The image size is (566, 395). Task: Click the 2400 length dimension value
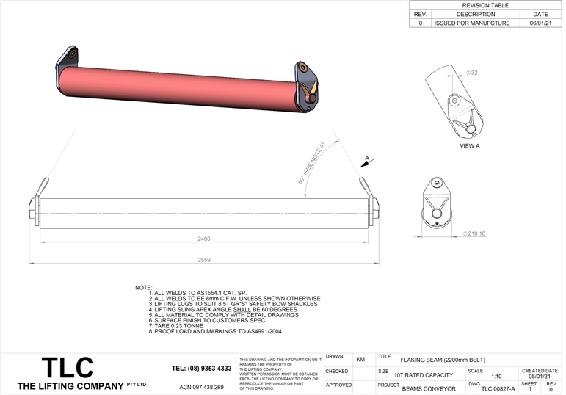(x=203, y=239)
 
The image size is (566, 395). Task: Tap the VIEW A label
(x=469, y=146)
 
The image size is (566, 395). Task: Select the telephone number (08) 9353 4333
(x=201, y=368)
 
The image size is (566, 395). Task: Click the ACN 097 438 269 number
(x=201, y=386)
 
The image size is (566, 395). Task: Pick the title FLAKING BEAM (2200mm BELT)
(x=446, y=360)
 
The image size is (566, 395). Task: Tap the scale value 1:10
(x=496, y=376)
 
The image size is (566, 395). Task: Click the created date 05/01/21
(x=540, y=376)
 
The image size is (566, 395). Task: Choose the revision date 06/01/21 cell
(x=540, y=23)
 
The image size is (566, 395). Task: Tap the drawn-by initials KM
(x=360, y=360)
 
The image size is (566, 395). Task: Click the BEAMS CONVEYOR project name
(x=429, y=388)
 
